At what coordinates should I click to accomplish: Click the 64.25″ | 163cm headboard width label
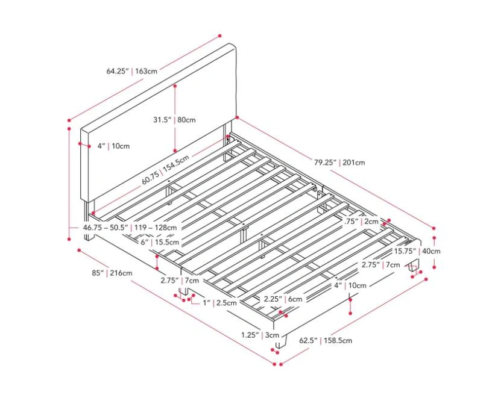[x=132, y=71]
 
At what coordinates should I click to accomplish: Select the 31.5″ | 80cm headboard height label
[x=174, y=120]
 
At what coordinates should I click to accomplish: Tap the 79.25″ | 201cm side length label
[x=339, y=163]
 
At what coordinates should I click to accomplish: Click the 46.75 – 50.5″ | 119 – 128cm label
[x=130, y=228]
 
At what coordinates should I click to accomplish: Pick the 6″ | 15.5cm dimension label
[x=160, y=242]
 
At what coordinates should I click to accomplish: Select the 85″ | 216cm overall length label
[x=112, y=273]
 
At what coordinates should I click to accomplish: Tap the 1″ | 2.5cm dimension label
[x=219, y=303]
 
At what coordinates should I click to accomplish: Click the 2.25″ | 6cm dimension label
[x=283, y=299]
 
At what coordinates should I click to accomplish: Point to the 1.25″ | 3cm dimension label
[x=260, y=335]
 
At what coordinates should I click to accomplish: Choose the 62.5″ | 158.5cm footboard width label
[x=326, y=340]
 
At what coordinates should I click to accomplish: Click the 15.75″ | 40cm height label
[x=417, y=251]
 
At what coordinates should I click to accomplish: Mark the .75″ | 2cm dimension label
[x=362, y=222]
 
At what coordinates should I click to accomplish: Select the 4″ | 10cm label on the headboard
[x=113, y=146]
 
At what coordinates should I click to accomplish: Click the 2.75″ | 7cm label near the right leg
[x=381, y=265]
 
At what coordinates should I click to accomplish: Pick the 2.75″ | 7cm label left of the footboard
[x=180, y=280]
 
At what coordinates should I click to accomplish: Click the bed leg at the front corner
[x=281, y=341]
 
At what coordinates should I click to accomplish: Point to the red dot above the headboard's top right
[x=220, y=36]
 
